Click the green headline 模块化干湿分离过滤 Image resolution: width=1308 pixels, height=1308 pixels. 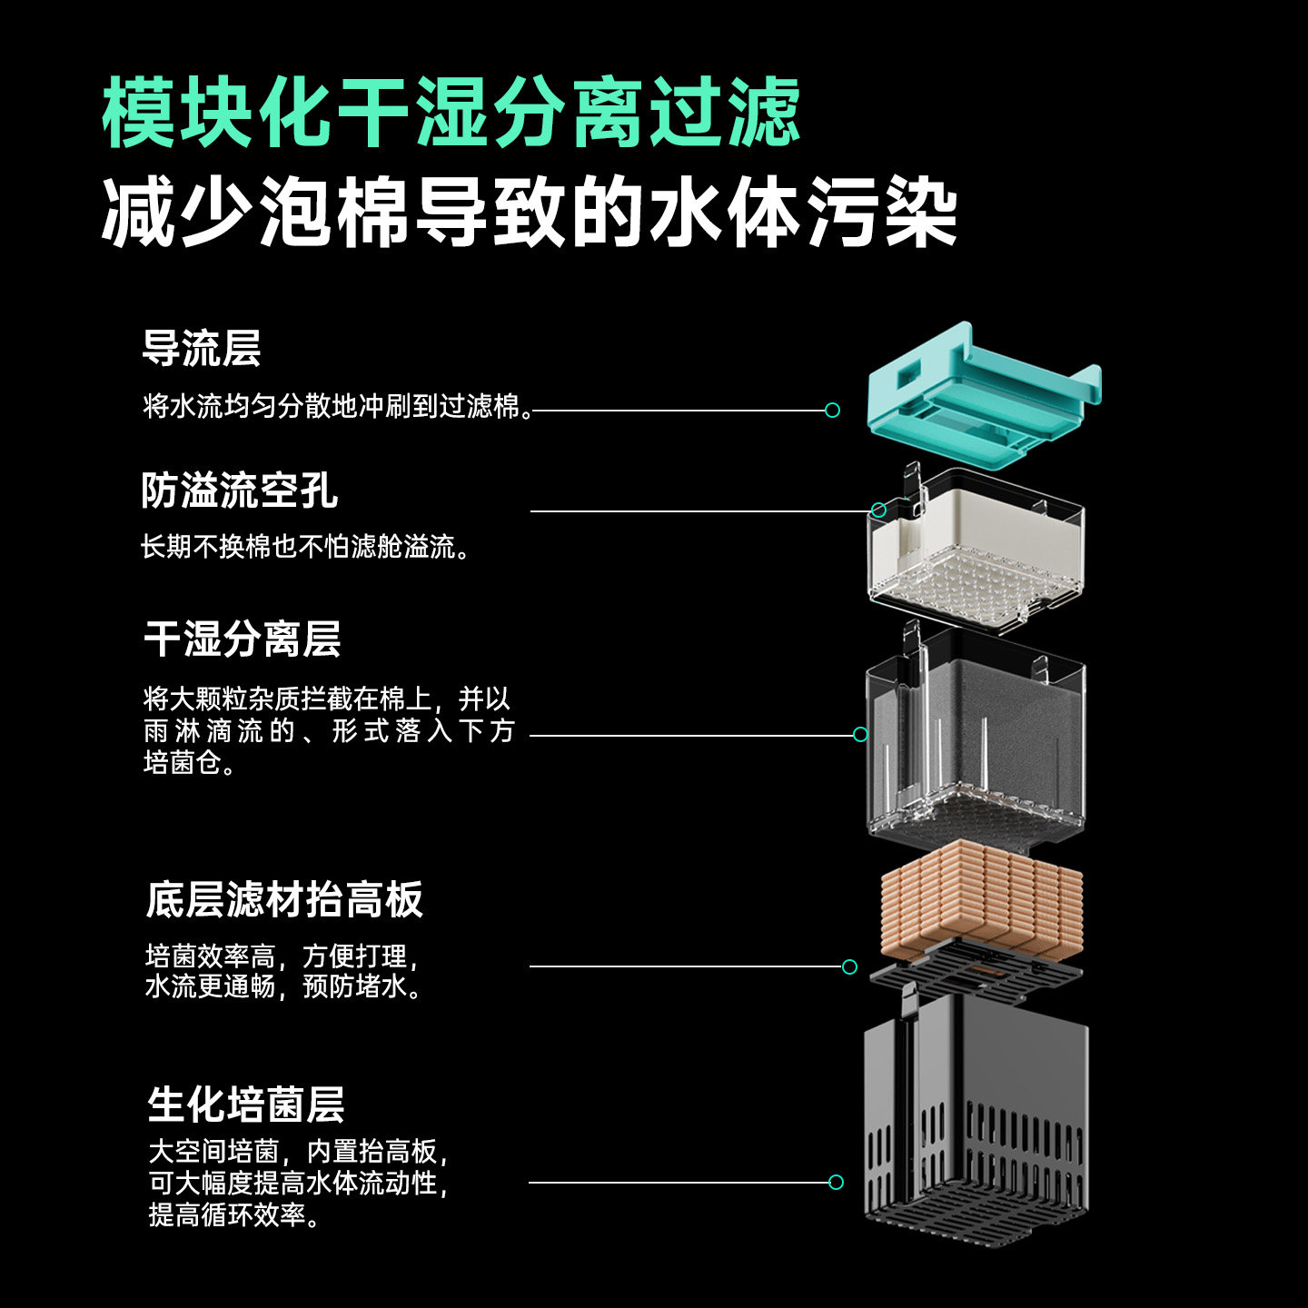pyautogui.click(x=451, y=113)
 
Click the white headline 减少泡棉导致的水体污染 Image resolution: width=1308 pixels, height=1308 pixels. pyautogui.click(x=529, y=214)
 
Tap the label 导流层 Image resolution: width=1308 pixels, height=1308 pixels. pyautogui.click(x=202, y=348)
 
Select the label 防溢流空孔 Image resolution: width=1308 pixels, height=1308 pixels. pyautogui.click(x=240, y=490)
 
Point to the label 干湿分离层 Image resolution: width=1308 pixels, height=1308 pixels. pyautogui.click(x=243, y=639)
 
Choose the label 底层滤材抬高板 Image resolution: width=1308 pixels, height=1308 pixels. pyautogui.click(x=284, y=899)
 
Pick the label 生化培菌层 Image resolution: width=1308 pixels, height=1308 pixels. pyautogui.click(x=246, y=1105)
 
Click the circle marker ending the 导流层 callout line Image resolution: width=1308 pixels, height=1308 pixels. pyautogui.click(x=832, y=411)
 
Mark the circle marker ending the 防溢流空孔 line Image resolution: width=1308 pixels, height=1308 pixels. pyautogui.click(x=878, y=510)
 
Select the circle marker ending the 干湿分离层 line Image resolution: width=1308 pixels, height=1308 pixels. pyautogui.click(x=860, y=734)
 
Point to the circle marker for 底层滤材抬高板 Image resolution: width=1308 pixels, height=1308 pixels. pyautogui.click(x=849, y=966)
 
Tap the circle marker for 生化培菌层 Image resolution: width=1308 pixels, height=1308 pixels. pyautogui.click(x=836, y=1182)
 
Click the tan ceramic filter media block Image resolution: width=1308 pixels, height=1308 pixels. pyautogui.click(x=981, y=899)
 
